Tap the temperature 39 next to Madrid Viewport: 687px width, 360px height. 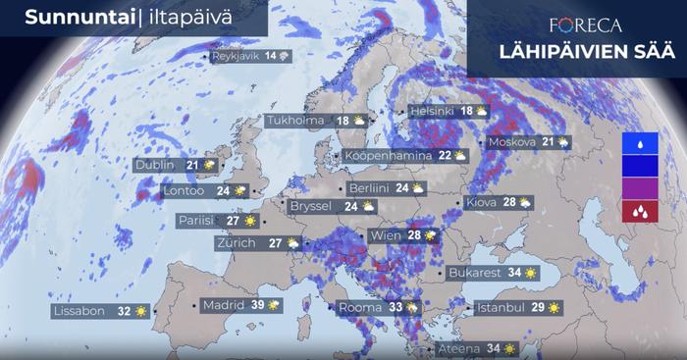click(258, 305)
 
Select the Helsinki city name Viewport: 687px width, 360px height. click(431, 112)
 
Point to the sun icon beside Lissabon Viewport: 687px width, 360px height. click(143, 311)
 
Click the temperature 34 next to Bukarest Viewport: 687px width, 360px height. click(514, 273)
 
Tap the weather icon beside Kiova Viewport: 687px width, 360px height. click(525, 202)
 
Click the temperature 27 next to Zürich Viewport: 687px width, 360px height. click(277, 242)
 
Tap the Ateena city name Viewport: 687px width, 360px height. click(459, 348)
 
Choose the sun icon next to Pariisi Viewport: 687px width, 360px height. click(250, 221)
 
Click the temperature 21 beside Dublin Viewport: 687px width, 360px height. click(192, 165)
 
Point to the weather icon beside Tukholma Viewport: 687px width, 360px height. click(359, 121)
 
